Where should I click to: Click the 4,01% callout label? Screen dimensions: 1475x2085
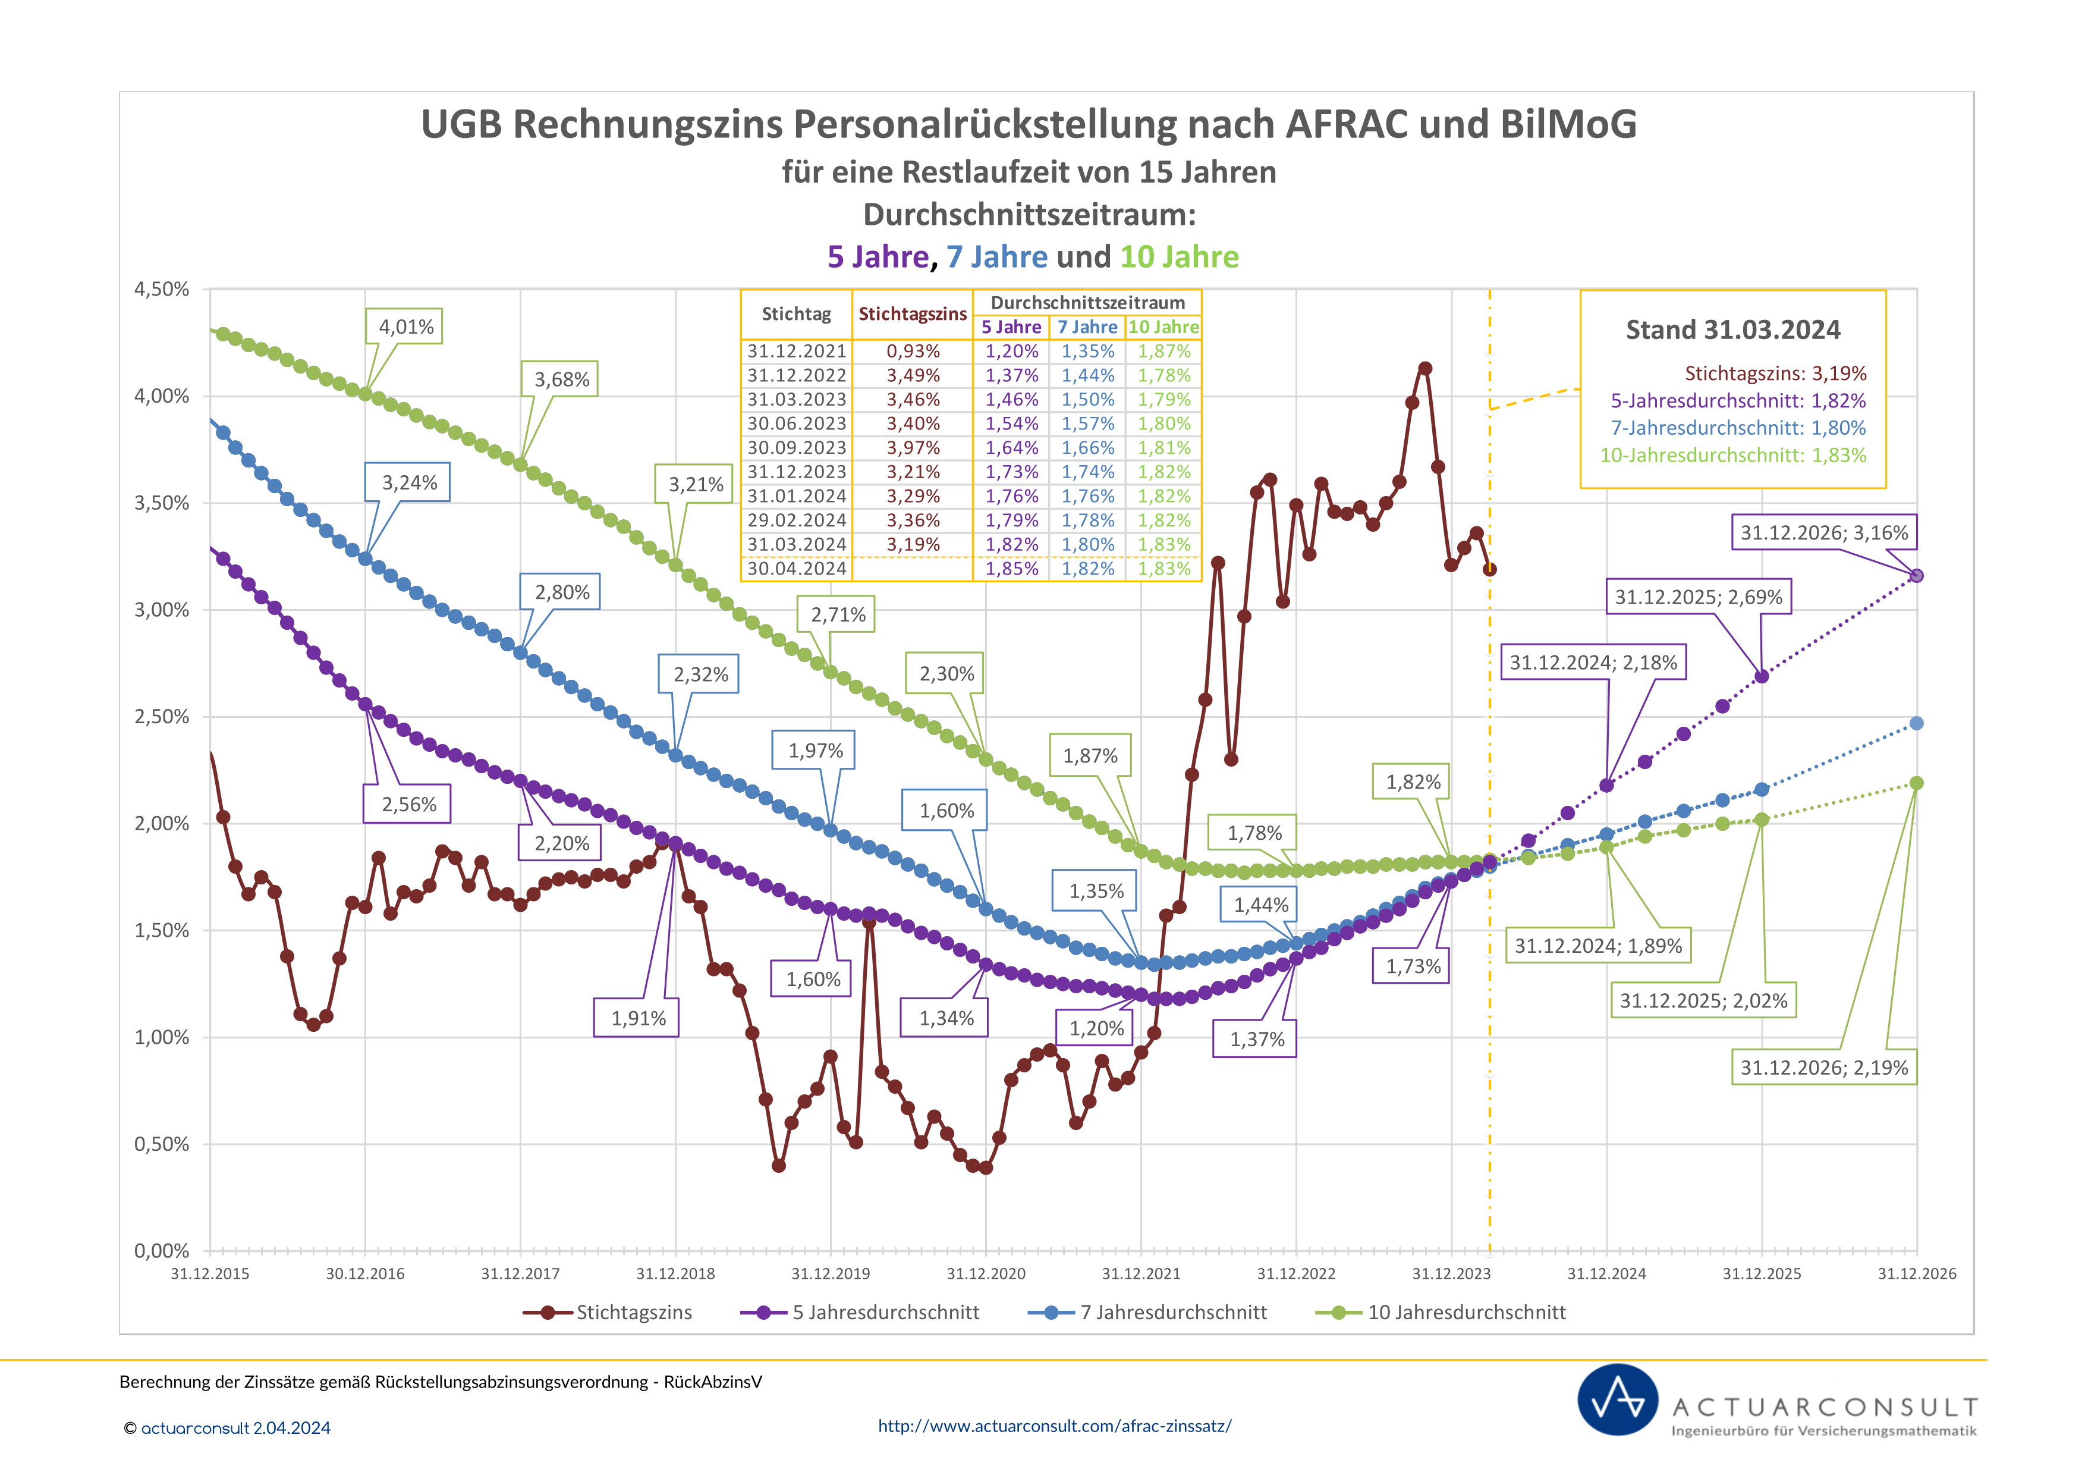(405, 327)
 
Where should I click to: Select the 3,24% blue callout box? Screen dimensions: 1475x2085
(408, 482)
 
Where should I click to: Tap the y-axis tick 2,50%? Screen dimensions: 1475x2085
(162, 717)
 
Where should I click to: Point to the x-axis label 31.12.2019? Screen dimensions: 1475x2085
(830, 1273)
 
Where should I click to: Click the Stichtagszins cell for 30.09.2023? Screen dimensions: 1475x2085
(913, 448)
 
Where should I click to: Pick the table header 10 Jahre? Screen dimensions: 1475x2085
(1163, 327)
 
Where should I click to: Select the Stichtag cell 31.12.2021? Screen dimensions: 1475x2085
(797, 352)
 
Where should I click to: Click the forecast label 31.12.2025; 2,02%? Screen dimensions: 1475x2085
(1703, 1001)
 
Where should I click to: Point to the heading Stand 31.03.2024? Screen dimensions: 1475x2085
(1732, 329)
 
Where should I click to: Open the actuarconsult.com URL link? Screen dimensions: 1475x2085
(1054, 1426)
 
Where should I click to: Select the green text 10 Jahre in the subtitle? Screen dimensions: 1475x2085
(1179, 257)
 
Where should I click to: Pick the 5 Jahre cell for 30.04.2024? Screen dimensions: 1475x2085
(1012, 569)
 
